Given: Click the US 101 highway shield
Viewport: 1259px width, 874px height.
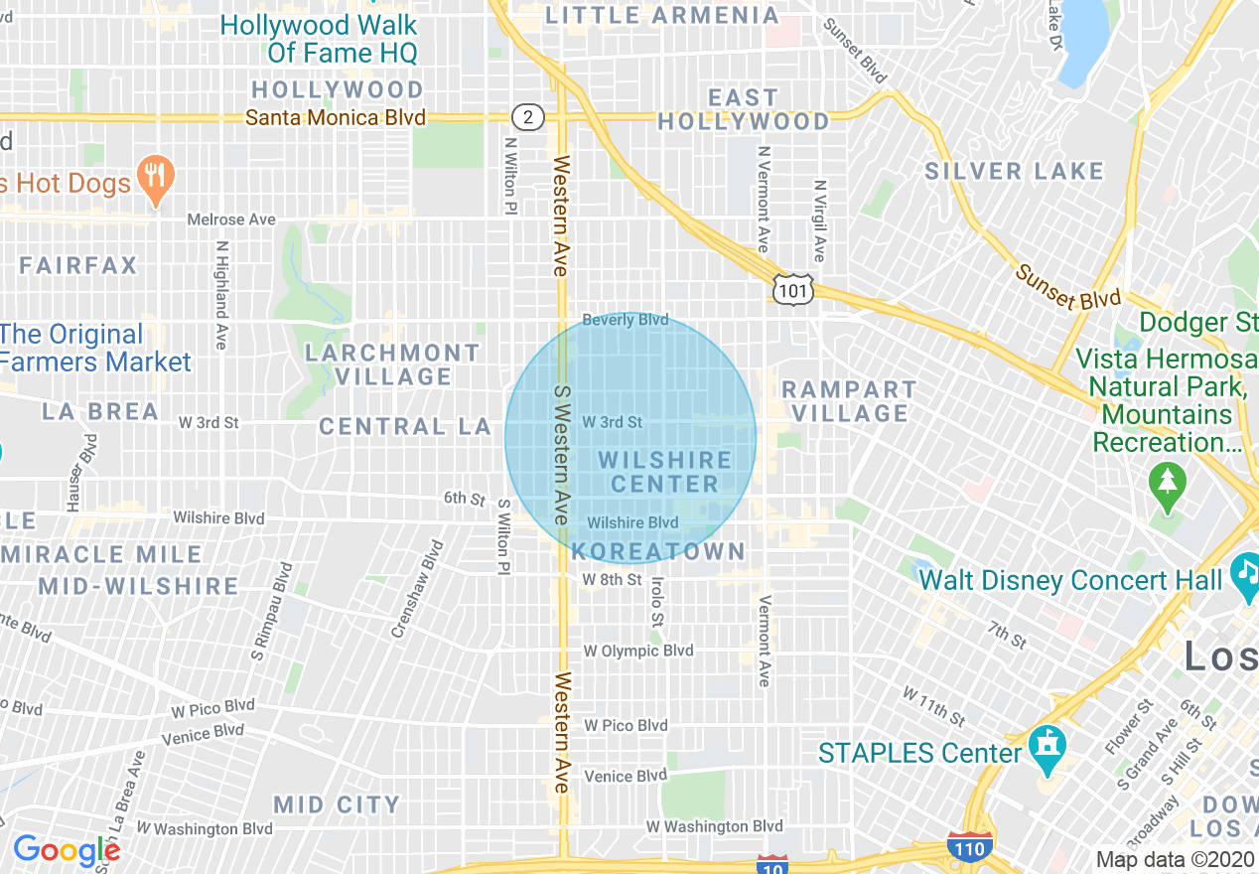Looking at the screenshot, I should point(794,289).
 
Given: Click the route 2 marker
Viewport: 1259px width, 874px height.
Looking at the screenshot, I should point(529,117).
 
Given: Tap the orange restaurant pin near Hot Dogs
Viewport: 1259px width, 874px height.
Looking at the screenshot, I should point(154,180).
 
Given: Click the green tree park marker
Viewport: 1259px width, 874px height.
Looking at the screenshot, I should point(1168,488).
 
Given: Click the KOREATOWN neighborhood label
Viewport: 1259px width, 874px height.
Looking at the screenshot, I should point(657,552).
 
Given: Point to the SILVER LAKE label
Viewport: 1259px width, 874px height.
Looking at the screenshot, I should point(1014,172).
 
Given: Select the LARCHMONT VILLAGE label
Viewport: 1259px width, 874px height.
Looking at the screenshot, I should point(393,364).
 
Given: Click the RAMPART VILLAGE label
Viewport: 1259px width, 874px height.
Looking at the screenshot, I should point(849,401).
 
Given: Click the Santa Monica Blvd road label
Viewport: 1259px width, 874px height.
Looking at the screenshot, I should point(336,118).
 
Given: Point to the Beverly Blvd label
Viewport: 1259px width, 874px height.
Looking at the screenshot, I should point(625,320).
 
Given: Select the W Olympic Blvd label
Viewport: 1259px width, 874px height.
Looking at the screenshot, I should point(637,651).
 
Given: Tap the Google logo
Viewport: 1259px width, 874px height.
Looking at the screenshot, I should point(66,850).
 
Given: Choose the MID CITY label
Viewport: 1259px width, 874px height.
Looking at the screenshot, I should point(337,804).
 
